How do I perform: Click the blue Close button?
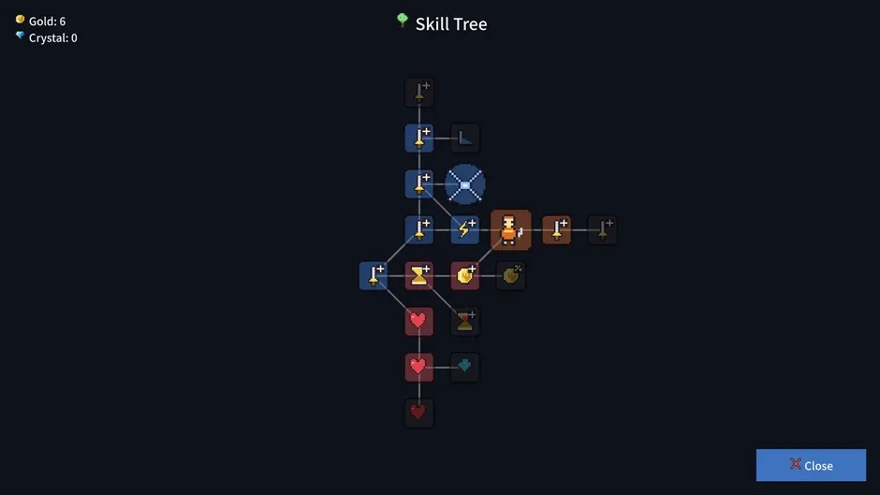click(x=811, y=465)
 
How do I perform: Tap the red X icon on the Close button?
click(x=795, y=463)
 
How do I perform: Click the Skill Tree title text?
click(x=451, y=24)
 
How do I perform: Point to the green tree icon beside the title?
click(x=403, y=21)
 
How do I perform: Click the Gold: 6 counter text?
click(x=47, y=22)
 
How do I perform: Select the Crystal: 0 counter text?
click(x=52, y=37)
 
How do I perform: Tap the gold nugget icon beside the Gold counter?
click(x=21, y=20)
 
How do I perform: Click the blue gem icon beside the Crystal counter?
click(x=21, y=36)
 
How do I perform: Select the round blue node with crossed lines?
click(x=464, y=184)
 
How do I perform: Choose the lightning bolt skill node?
click(x=464, y=229)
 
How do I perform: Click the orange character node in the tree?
click(x=511, y=229)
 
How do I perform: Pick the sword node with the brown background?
click(x=557, y=229)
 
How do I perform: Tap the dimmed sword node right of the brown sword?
click(x=602, y=229)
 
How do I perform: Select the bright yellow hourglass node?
click(x=419, y=275)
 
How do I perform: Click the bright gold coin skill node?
click(x=464, y=275)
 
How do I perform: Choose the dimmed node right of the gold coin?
click(x=511, y=275)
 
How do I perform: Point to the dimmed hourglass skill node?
click(x=464, y=322)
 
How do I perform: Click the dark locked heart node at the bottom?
click(x=419, y=413)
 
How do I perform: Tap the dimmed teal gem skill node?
click(x=464, y=367)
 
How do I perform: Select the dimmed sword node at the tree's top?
click(x=419, y=93)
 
